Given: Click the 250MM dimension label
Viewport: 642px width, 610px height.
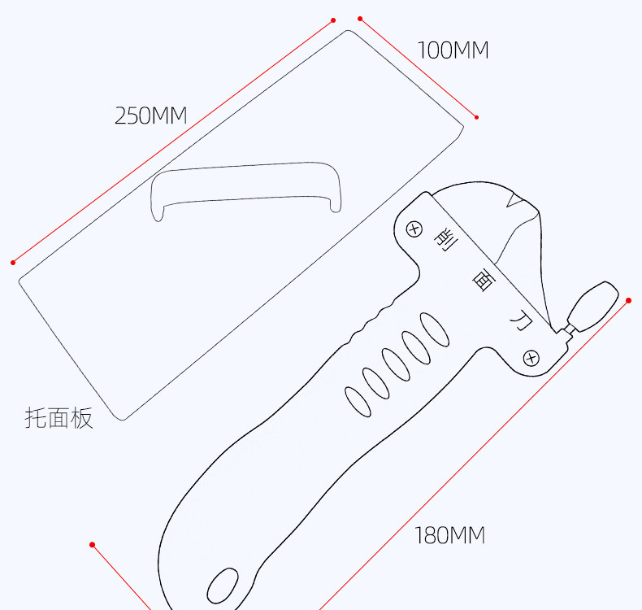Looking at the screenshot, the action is pyautogui.click(x=150, y=115).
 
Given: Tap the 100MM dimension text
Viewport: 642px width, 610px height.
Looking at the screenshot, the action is pyautogui.click(x=453, y=50).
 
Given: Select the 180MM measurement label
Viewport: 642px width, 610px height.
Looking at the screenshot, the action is pyautogui.click(x=449, y=535).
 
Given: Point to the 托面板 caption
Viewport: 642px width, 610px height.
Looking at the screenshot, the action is pyautogui.click(x=59, y=418).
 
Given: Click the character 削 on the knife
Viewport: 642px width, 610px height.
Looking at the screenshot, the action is pyautogui.click(x=445, y=239).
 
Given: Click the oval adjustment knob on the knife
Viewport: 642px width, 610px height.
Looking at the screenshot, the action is pyautogui.click(x=593, y=303).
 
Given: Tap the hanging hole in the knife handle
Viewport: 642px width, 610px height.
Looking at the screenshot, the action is pyautogui.click(x=221, y=585).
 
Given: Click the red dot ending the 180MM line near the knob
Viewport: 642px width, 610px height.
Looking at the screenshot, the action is pyautogui.click(x=628, y=300).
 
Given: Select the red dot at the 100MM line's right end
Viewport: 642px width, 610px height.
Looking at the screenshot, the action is pyautogui.click(x=476, y=117).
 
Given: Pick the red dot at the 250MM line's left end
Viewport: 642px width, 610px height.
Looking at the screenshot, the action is pyautogui.click(x=13, y=262).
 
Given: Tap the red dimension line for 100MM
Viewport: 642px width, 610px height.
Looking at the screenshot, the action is pyautogui.click(x=418, y=68).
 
